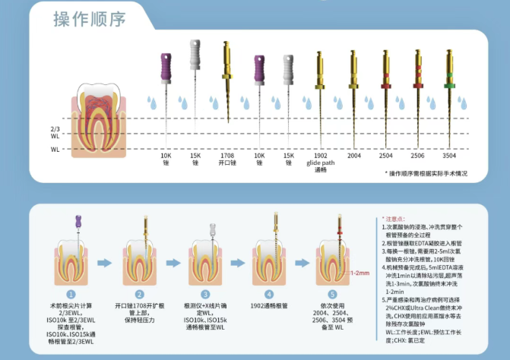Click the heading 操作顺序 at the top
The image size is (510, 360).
89,18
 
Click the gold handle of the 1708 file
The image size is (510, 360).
226,57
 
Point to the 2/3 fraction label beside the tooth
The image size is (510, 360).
55,129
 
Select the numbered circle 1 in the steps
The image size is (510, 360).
71,293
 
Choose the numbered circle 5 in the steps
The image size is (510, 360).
331,293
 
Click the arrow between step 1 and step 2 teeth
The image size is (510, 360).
107,264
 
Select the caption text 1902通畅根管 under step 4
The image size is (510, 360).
268,305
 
